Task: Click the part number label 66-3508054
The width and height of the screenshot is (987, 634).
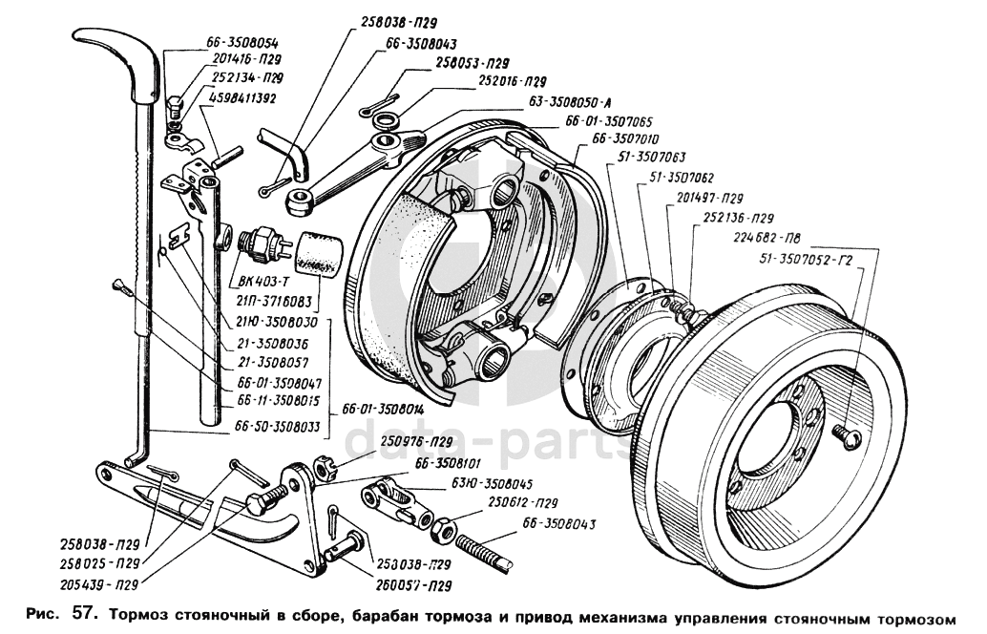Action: click(x=242, y=44)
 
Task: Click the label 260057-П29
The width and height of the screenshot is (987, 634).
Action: click(x=413, y=584)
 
